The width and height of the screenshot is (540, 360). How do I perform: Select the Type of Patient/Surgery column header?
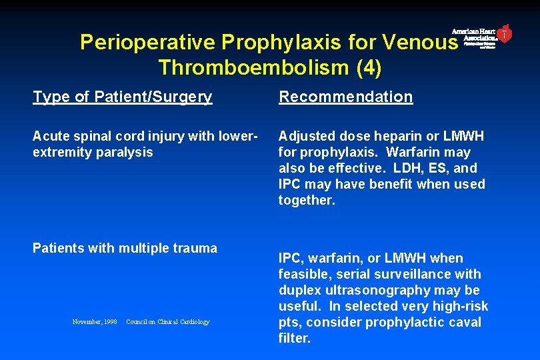[x=123, y=97]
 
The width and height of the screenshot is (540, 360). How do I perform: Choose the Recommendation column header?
[x=346, y=97]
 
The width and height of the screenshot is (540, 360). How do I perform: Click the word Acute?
[x=50, y=136]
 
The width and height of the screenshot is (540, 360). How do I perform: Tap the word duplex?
[x=299, y=290]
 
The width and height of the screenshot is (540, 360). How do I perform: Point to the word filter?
[x=295, y=338]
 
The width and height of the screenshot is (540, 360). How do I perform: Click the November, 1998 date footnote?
[x=95, y=322]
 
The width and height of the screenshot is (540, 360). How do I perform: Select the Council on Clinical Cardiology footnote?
[x=167, y=322]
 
